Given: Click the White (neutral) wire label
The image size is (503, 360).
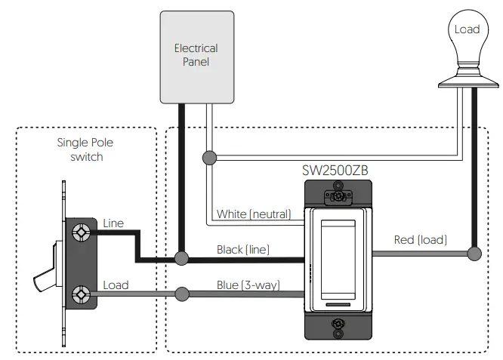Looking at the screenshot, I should pos(253,214).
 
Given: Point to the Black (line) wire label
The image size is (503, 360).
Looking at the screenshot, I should pos(243,249).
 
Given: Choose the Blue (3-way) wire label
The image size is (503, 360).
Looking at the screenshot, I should pos(247,285).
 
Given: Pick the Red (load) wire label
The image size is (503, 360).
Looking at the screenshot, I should pos(421,240).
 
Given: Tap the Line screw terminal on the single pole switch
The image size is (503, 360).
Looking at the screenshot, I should pos(80,234).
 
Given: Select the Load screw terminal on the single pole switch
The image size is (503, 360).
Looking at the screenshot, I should pos(80,294).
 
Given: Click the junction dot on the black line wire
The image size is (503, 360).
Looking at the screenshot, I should pos(181,259).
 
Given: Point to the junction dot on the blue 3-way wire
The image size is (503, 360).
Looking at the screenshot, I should pos(181,294).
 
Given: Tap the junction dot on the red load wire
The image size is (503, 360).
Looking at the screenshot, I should pos(474,254).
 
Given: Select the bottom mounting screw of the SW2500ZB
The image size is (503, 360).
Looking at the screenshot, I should pos(337,327).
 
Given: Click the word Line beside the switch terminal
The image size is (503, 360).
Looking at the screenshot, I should pos(111,224).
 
